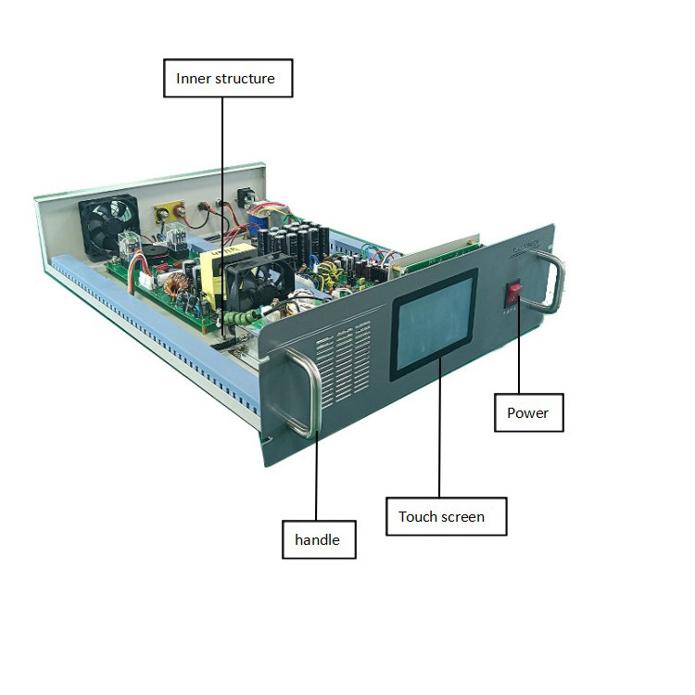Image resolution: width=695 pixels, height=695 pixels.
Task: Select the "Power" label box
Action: (x=527, y=412)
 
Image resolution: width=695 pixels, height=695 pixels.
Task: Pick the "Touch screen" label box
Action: (x=446, y=516)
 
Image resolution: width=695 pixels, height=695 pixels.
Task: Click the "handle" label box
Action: (x=319, y=539)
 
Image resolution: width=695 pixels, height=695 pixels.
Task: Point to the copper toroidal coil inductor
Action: (x=172, y=279)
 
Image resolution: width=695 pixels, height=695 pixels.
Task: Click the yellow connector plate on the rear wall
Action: (x=170, y=210)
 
